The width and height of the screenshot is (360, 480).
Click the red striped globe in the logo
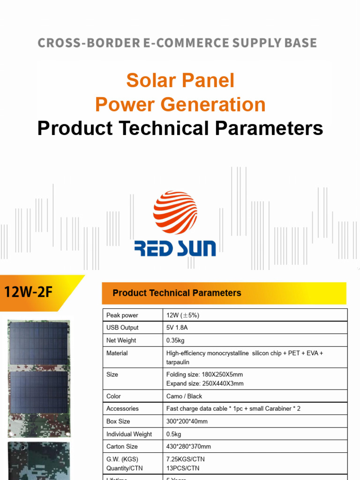[x=175, y=212]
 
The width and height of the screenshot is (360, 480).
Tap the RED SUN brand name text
[x=175, y=247]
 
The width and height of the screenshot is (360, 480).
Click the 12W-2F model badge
[x=29, y=293]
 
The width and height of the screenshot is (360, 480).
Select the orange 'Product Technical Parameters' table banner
[x=224, y=293]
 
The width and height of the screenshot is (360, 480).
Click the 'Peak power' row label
[x=122, y=315]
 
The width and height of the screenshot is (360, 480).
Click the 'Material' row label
[x=117, y=353]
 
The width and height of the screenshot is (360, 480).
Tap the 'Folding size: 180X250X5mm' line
[x=204, y=375]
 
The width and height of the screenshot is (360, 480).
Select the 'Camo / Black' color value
[x=184, y=396]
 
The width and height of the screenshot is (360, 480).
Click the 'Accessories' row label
[x=122, y=409]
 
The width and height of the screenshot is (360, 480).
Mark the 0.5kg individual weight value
[x=173, y=434]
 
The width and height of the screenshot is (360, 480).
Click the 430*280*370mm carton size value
[x=188, y=447]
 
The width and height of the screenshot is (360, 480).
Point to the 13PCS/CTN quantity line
[x=183, y=468]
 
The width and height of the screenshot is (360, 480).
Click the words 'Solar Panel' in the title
[x=180, y=81]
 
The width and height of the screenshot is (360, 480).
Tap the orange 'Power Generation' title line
[x=180, y=104]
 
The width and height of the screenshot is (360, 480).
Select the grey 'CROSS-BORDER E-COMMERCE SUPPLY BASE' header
[x=177, y=43]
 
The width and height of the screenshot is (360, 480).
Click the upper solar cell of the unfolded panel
[x=38, y=343]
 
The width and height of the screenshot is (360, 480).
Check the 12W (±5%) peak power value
[x=182, y=315]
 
